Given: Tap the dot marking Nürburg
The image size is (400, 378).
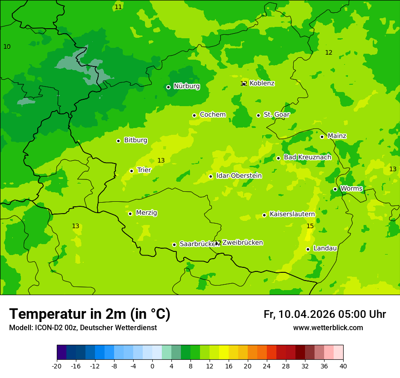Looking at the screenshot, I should pyautogui.click(x=168, y=87).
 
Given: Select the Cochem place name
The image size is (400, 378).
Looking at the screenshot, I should pyautogui.click(x=213, y=115).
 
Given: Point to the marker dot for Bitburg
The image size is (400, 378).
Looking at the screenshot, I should pyautogui.click(x=118, y=141).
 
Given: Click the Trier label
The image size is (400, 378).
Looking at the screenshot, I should pyautogui.click(x=144, y=170).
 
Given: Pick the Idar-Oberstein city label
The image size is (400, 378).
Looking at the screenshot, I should pyautogui.click(x=239, y=176).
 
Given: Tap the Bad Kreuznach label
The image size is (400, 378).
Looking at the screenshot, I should pyautogui.click(x=307, y=158).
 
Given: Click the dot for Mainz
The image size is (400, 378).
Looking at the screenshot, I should pyautogui.click(x=322, y=137).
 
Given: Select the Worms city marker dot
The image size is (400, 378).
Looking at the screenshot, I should pyautogui.click(x=335, y=189).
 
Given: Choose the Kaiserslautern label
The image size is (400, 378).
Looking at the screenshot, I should pyautogui.click(x=292, y=214).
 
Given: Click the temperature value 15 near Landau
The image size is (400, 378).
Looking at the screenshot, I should pyautogui.click(x=310, y=226).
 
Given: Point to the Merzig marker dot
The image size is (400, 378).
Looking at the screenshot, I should pyautogui.click(x=130, y=214).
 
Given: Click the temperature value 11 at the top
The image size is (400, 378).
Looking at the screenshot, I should pyautogui.click(x=118, y=7).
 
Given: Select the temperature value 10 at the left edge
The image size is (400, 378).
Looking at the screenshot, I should pyautogui.click(x=7, y=47).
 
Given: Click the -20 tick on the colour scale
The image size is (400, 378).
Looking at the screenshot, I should pyautogui.click(x=57, y=366).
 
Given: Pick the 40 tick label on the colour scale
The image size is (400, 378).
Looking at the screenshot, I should pyautogui.click(x=343, y=366).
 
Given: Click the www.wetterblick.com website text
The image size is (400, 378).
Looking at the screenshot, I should pyautogui.click(x=328, y=328).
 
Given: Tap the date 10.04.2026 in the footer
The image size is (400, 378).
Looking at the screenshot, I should pyautogui.click(x=306, y=314).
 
